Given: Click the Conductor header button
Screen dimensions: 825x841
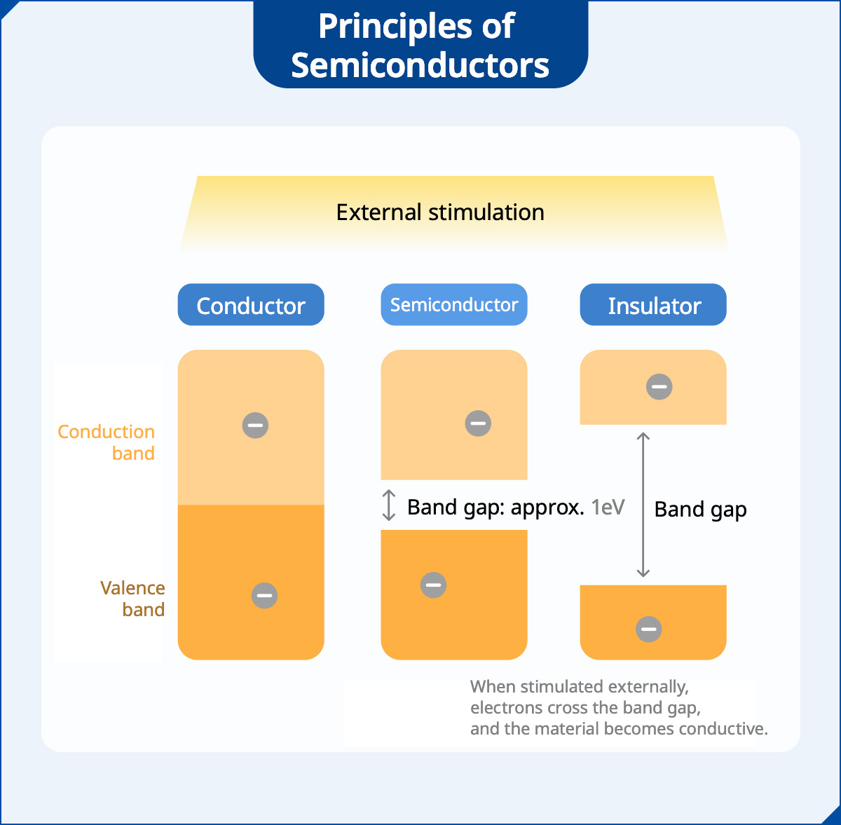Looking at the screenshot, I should [251, 305].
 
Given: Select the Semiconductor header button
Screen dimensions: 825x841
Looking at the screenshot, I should [453, 305].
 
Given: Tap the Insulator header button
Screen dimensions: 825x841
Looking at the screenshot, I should [653, 305].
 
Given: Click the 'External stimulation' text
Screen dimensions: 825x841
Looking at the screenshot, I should [440, 212].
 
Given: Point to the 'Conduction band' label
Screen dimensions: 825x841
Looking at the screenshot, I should [107, 442].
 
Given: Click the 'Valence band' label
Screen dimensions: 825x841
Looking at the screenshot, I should [133, 599].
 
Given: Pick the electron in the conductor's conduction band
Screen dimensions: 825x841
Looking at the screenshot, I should [255, 425].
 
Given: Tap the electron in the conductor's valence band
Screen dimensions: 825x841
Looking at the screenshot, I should [264, 596].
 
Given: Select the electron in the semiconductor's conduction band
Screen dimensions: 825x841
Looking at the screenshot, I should [478, 423].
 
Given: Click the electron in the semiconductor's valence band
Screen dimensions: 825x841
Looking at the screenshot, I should [433, 585].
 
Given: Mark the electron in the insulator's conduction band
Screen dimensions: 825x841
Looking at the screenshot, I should [659, 387].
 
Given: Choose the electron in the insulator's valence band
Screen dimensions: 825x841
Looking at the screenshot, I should [649, 629].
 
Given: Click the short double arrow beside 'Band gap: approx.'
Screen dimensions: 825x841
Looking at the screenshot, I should [390, 506].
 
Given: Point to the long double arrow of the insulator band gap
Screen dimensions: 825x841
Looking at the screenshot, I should [643, 505].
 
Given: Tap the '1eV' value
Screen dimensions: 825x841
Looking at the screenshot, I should [608, 507].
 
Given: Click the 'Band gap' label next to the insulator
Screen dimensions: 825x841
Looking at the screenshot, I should [700, 510].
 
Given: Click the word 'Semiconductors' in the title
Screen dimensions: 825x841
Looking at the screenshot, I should [420, 65].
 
